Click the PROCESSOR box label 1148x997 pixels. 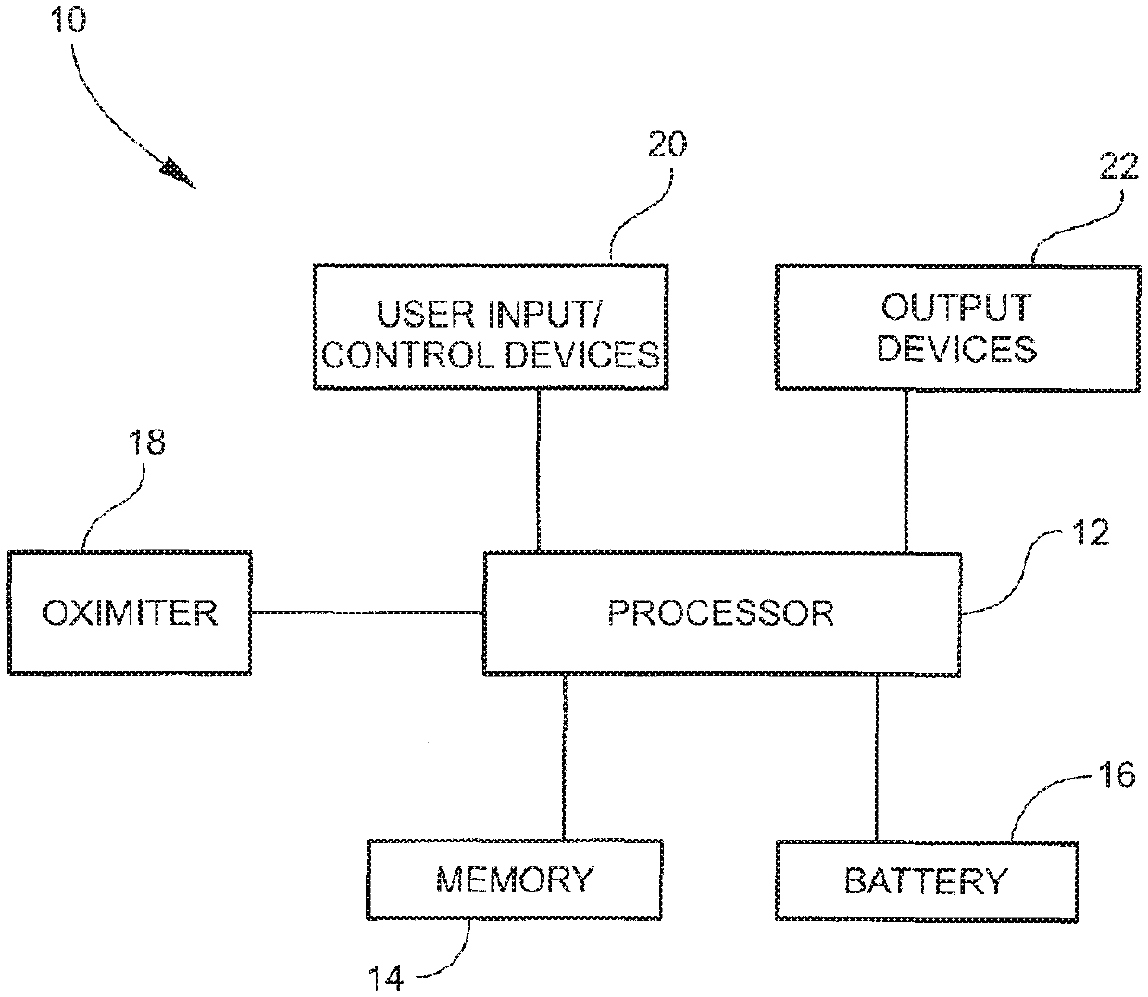pyautogui.click(x=720, y=613)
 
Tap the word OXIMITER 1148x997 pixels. pyautogui.click(x=130, y=613)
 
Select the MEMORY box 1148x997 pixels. pyautogui.click(x=515, y=879)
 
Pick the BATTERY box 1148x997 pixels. pyautogui.click(x=925, y=880)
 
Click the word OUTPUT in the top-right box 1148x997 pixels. pyautogui.click(x=956, y=308)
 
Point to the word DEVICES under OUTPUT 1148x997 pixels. pyautogui.click(x=956, y=349)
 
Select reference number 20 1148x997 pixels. pyautogui.click(x=667, y=145)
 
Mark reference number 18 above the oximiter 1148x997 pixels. pyautogui.click(x=146, y=442)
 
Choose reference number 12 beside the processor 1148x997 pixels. pyautogui.click(x=1091, y=534)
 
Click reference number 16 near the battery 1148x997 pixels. pyautogui.click(x=1116, y=774)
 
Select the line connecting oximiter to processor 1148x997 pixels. pyautogui.click(x=367, y=612)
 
